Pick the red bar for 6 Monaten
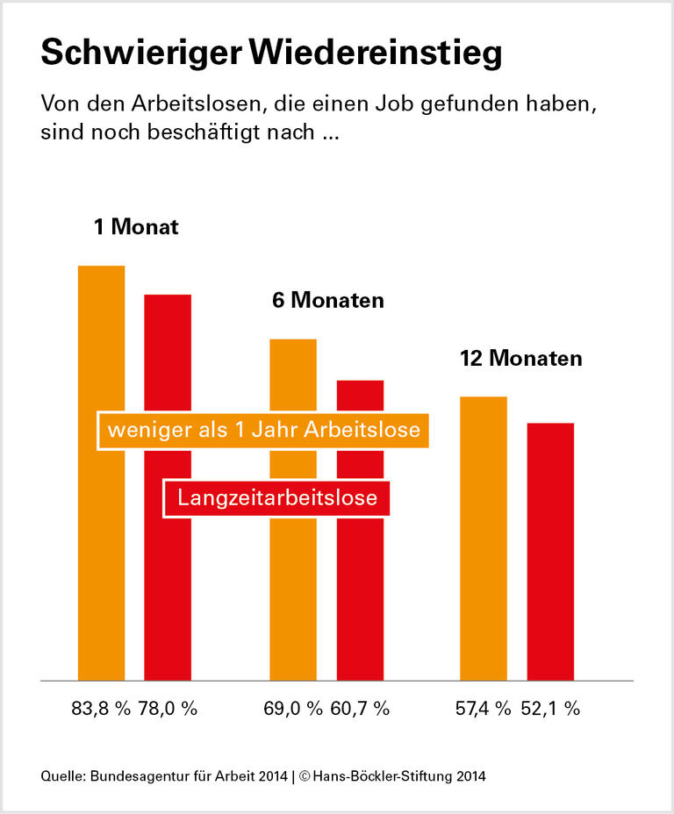click(x=361, y=596)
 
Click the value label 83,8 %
click(x=100, y=709)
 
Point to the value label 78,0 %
click(x=168, y=709)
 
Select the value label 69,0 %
click(x=293, y=709)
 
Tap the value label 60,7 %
click(x=360, y=709)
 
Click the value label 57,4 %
click(x=483, y=709)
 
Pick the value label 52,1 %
click(x=550, y=709)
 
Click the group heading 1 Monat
click(x=136, y=227)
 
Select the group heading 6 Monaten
click(x=327, y=300)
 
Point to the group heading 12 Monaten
click(x=520, y=359)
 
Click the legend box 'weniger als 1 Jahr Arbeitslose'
click(x=263, y=431)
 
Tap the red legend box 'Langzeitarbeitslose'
click(x=277, y=498)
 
